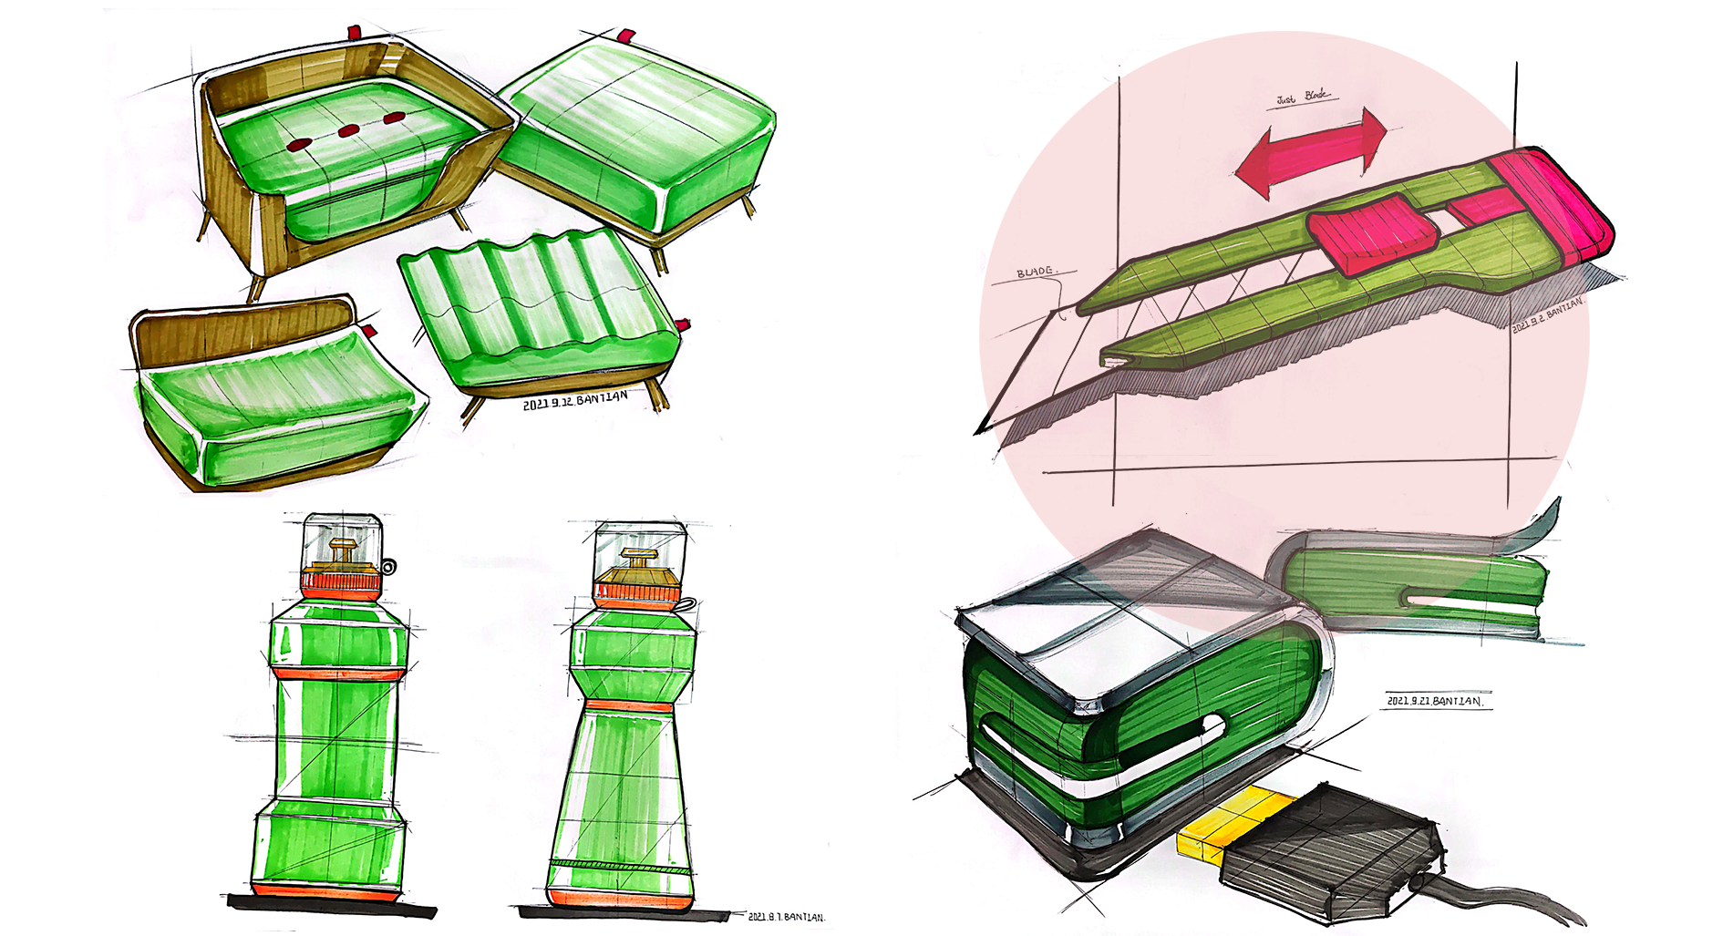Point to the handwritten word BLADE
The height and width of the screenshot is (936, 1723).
click(1035, 272)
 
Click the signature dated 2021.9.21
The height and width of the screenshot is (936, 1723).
click(1434, 701)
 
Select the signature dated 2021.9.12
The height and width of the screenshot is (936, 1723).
click(575, 400)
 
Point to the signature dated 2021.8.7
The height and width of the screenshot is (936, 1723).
click(786, 916)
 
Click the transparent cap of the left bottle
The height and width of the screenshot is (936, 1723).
click(341, 539)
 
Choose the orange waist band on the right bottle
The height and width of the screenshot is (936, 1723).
click(628, 705)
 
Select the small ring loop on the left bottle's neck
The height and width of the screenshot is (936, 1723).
click(389, 567)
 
